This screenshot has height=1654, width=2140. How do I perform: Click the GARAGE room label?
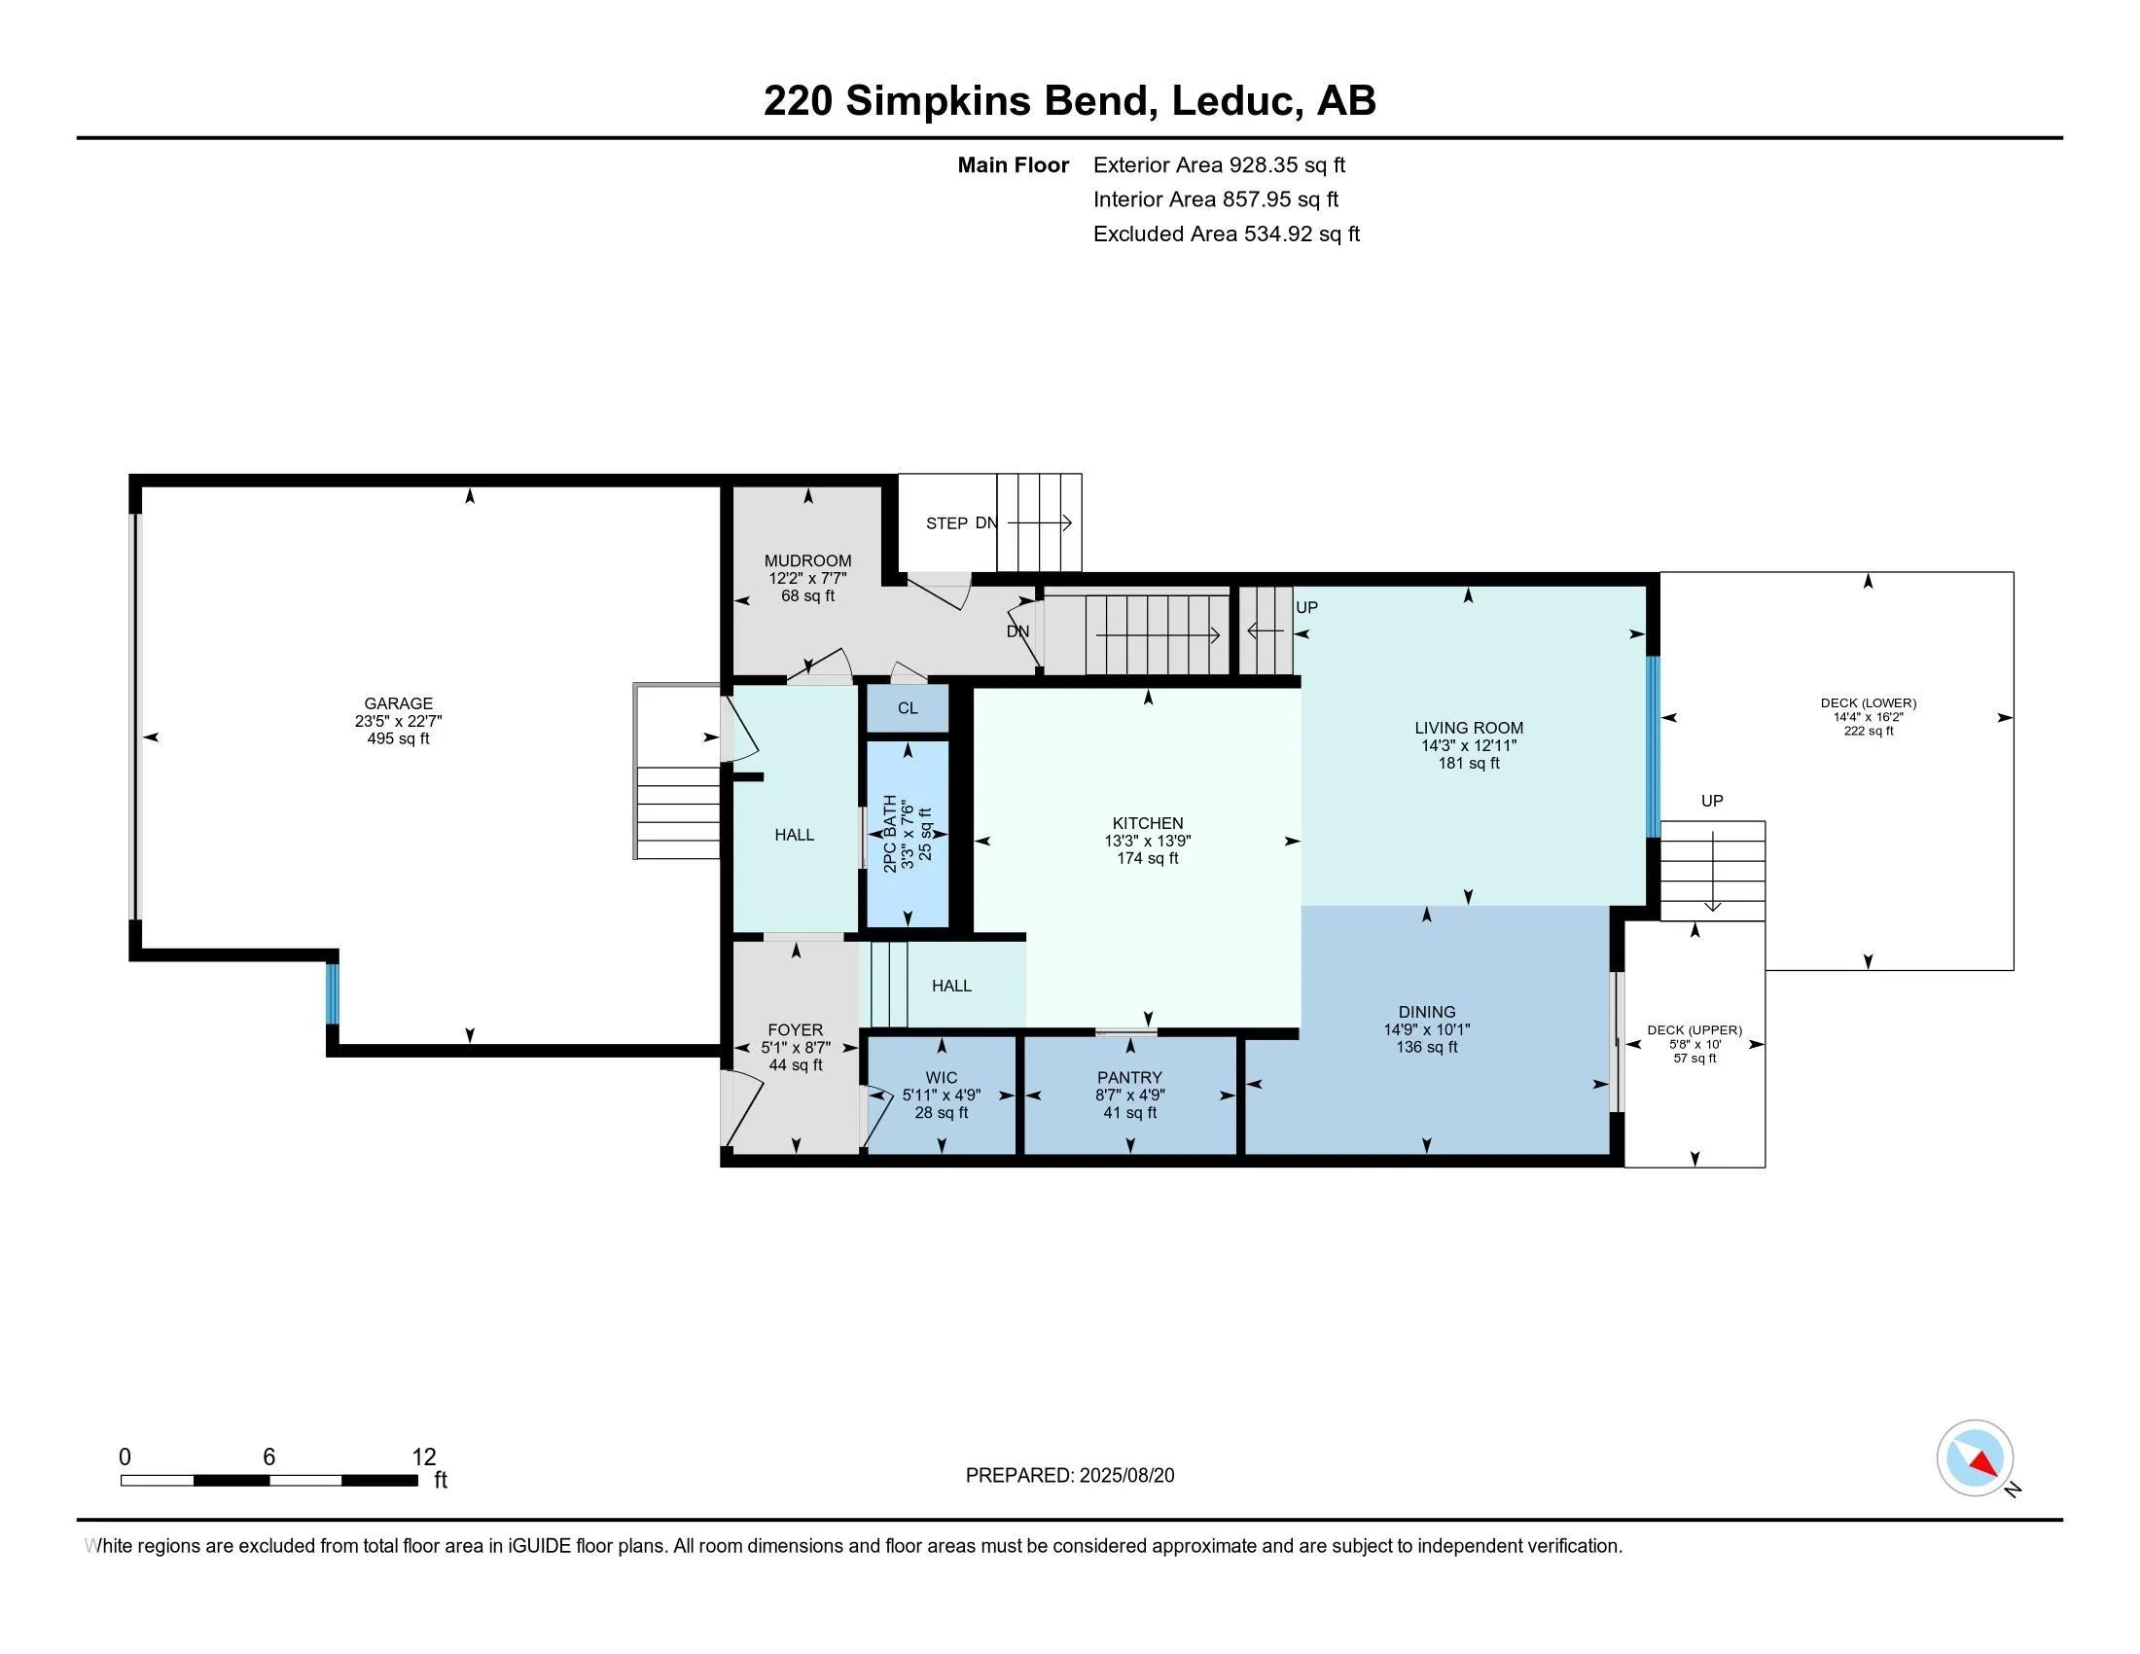coord(398,703)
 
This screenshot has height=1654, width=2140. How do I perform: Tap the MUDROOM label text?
coord(807,561)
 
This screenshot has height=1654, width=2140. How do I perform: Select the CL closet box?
coord(908,708)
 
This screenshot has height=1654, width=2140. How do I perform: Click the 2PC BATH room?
coord(908,834)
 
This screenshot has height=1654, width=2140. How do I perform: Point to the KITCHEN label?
coord(1148,823)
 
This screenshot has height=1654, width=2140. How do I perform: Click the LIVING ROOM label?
coord(1468,728)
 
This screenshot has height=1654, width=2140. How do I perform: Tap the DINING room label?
coord(1427,1012)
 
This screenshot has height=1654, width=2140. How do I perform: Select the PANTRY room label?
coord(1129,1078)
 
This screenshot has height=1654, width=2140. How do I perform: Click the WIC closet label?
coord(941,1078)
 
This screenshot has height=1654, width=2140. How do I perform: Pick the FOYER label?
coord(795,1029)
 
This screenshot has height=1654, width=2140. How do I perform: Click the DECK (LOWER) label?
coord(1868,703)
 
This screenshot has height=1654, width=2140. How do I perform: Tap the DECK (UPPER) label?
coord(1694,1029)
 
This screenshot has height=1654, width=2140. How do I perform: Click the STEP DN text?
coord(961,523)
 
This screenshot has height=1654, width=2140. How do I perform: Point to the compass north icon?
coord(1975,1459)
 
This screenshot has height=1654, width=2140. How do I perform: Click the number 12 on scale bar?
coord(423,1457)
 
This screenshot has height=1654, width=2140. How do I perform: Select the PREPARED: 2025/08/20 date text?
coord(1069,1476)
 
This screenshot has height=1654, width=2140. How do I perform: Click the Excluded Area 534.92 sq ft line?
coord(1226,234)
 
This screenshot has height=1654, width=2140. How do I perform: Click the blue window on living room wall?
coord(1653,746)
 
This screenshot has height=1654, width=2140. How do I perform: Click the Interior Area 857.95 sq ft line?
coord(1215,199)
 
